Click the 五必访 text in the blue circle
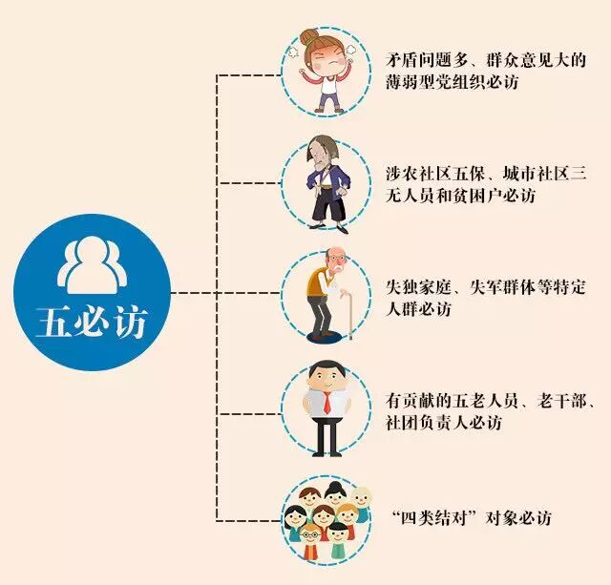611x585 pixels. coord(91,322)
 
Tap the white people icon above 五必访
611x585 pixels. coord(91,266)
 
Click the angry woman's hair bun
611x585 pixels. coord(311,38)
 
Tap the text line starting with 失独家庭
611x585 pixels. coord(485,287)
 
